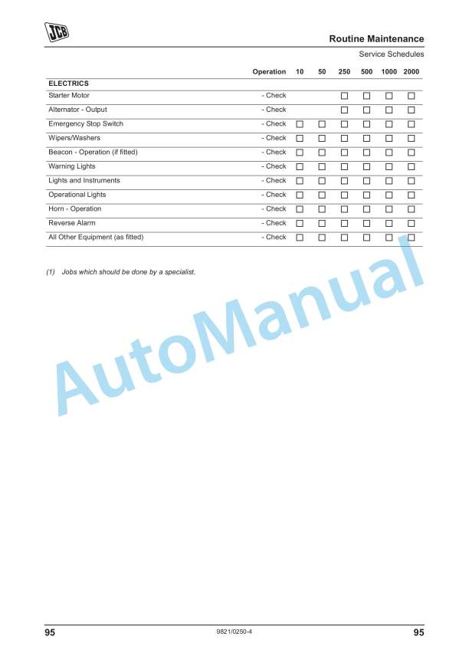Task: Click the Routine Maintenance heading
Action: (376, 38)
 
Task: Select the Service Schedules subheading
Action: (391, 54)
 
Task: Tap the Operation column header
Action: (269, 71)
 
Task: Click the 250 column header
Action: (344, 71)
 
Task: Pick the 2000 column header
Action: (411, 71)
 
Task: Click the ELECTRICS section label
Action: (68, 83)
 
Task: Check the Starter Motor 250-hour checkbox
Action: (344, 96)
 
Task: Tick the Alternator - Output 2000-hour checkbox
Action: (411, 110)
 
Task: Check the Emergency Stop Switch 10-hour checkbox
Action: (300, 124)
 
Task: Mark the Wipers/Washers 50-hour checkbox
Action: (322, 139)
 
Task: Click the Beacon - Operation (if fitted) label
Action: (93, 152)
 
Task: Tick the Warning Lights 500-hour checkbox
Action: (366, 167)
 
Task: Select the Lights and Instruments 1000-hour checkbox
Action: (389, 181)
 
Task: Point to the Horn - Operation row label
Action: (74, 208)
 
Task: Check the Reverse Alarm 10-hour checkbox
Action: (300, 224)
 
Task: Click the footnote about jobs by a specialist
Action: (120, 271)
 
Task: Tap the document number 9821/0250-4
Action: (235, 632)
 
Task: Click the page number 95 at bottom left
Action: (49, 632)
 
